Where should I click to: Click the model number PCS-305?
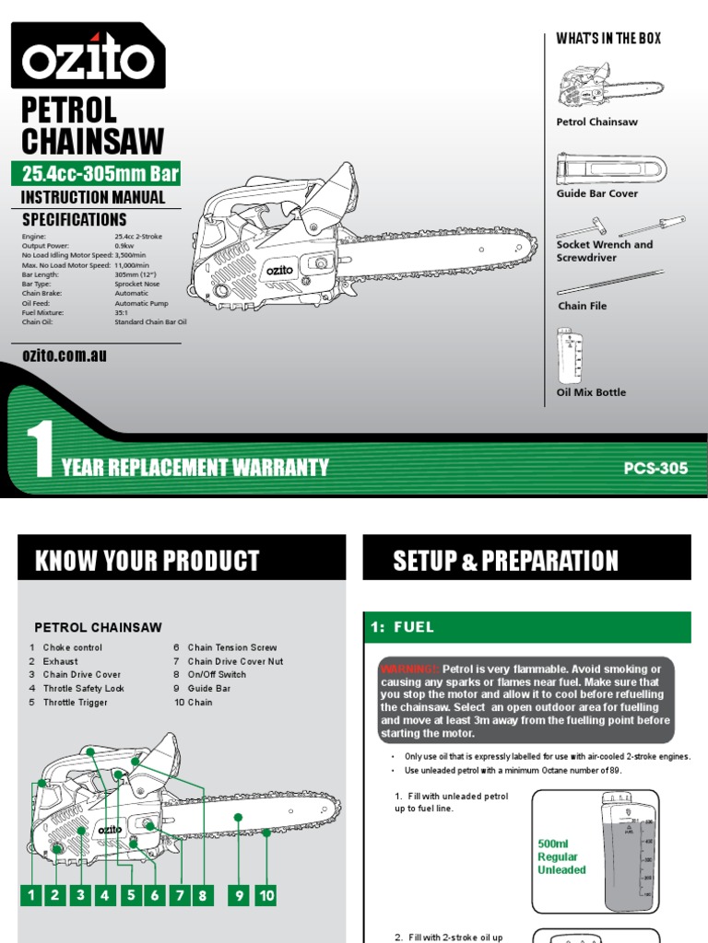pos(655,468)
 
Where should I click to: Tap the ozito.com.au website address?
pos(64,355)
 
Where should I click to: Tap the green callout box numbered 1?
pos(31,894)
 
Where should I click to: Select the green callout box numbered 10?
pos(265,894)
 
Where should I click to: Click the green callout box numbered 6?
pos(155,894)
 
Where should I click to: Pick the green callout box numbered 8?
pos(204,894)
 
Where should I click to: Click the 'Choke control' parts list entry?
pos(73,647)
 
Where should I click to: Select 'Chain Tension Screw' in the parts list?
pos(231,647)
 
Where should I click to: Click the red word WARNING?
pos(409,669)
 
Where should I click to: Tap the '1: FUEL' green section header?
pos(526,627)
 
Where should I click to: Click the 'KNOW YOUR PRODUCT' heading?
pos(147,561)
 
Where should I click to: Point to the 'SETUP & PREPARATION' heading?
pos(505,561)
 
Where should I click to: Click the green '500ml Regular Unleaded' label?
pos(561,856)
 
